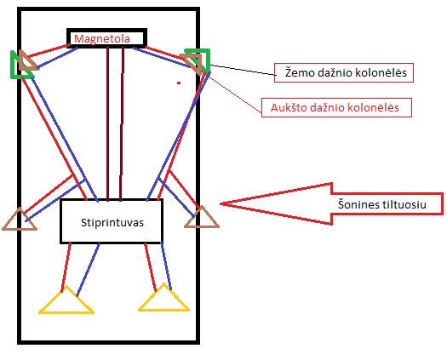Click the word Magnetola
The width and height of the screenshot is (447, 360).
[x=102, y=39]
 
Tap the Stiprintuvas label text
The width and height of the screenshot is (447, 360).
[x=112, y=223]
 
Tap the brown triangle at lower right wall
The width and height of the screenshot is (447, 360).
[x=202, y=226]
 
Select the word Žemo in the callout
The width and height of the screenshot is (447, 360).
[x=299, y=72]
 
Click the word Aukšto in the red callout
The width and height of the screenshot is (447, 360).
[x=287, y=108]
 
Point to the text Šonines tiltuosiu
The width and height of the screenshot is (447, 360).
[x=382, y=204]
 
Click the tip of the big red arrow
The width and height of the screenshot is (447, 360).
[x=221, y=203]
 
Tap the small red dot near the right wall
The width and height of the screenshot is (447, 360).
[x=179, y=83]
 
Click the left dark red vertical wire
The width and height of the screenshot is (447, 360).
[x=108, y=123]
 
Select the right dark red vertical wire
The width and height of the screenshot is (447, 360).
[x=122, y=123]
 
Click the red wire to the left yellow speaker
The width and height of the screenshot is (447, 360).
[x=66, y=267]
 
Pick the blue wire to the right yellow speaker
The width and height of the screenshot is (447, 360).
[x=166, y=266]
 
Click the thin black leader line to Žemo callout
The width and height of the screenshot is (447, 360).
[x=243, y=70]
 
